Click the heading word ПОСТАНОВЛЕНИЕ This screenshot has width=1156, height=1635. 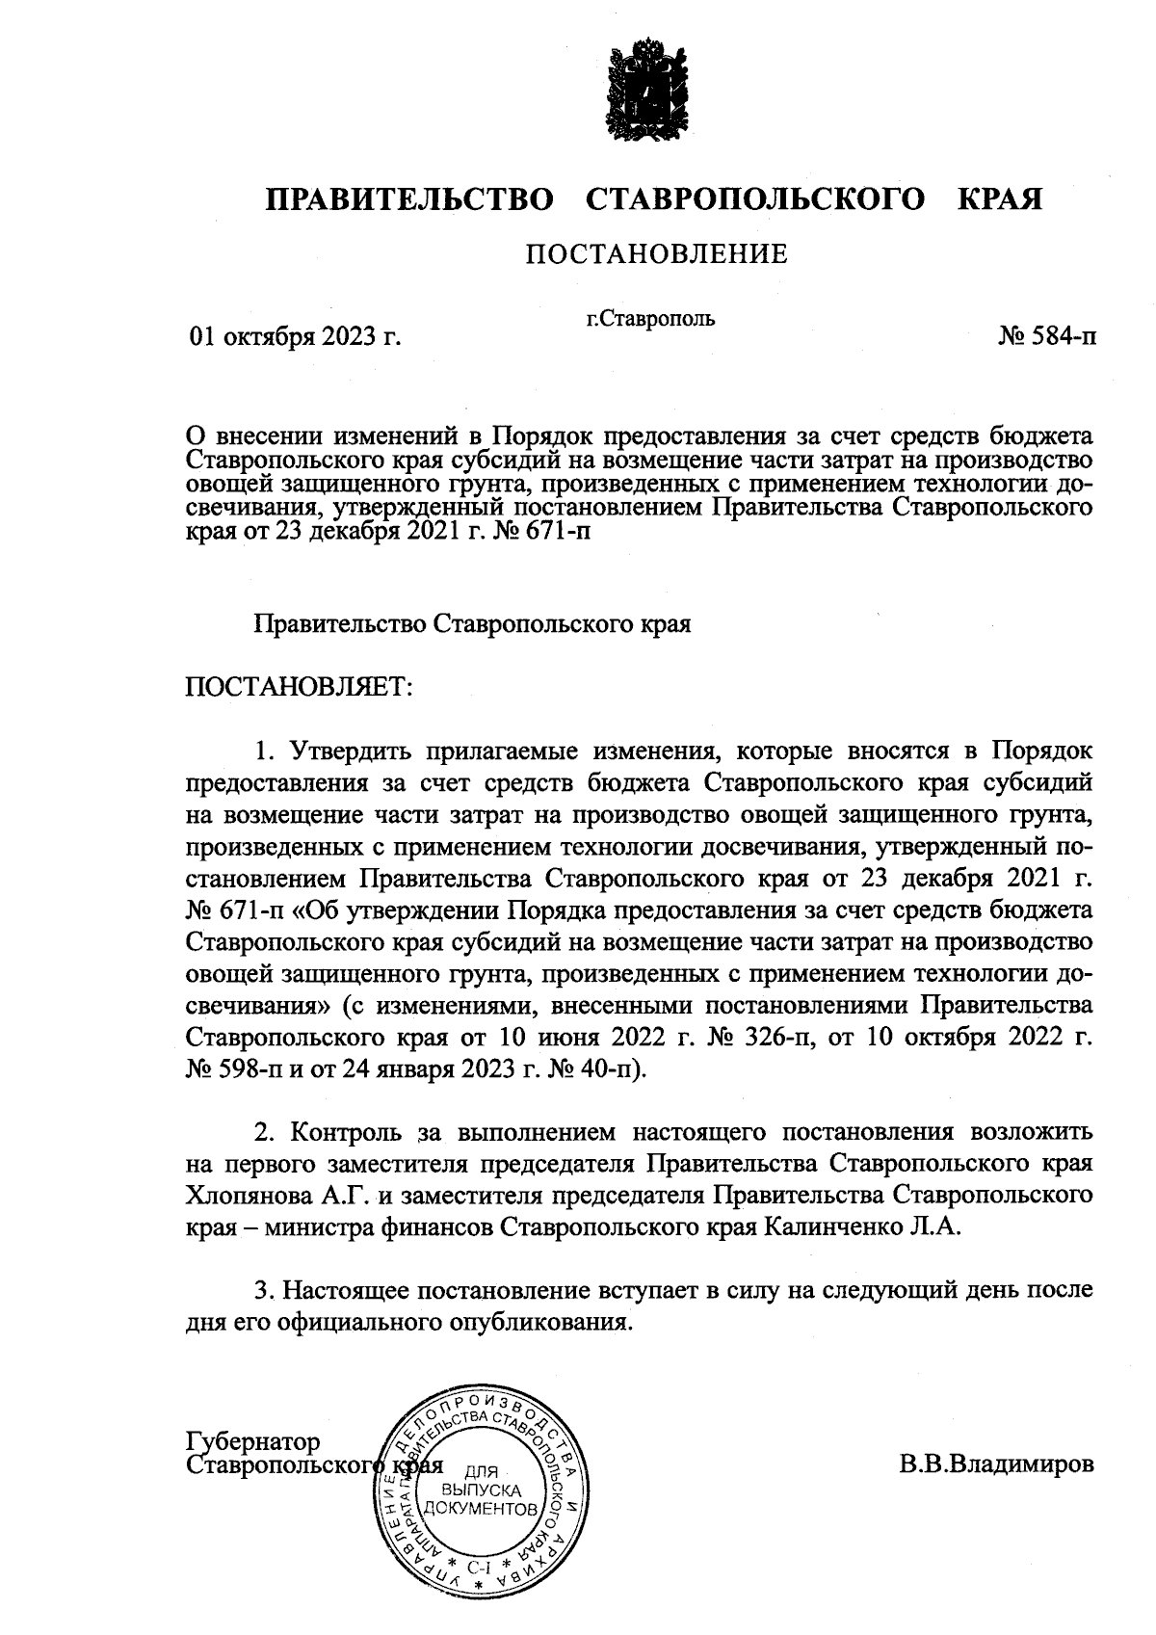(x=655, y=254)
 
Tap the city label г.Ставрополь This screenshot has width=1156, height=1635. (x=651, y=318)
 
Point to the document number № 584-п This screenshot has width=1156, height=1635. (x=1046, y=337)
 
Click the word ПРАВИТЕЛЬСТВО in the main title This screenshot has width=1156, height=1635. (x=410, y=199)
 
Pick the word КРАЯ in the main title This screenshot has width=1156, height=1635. (x=999, y=199)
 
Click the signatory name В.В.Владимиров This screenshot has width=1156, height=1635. (x=997, y=1465)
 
